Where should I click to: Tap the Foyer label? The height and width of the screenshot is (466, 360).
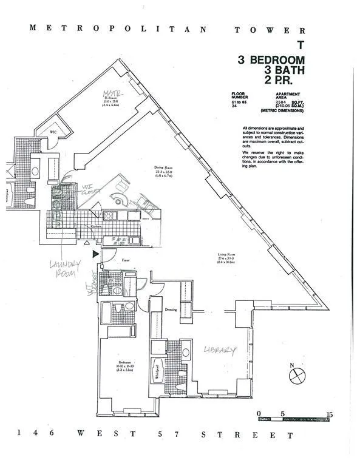click(x=126, y=260)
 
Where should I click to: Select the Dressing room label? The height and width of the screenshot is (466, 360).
click(x=171, y=309)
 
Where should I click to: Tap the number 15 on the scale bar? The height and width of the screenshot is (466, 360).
click(x=328, y=414)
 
